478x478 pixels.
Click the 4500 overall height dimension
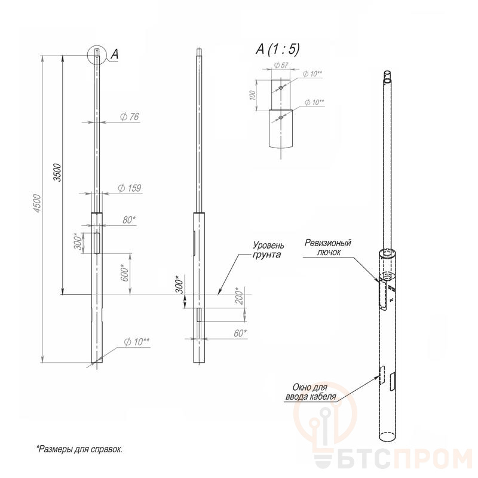[37, 203]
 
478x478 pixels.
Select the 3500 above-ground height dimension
[57, 173]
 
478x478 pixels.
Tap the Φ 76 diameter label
[129, 117]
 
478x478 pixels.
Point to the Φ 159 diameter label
[130, 188]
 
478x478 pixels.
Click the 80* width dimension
[129, 220]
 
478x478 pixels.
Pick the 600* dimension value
[124, 272]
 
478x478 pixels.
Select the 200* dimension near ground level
[240, 296]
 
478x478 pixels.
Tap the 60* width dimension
[240, 333]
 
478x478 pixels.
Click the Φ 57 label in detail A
[281, 65]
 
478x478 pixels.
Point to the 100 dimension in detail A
[252, 96]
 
